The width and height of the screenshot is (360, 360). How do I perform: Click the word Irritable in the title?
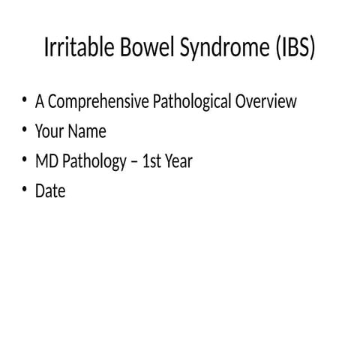click(x=78, y=48)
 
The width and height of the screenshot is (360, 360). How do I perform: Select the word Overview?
click(x=266, y=101)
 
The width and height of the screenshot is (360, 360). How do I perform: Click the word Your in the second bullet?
click(x=49, y=131)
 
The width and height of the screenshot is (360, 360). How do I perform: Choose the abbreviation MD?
click(x=46, y=161)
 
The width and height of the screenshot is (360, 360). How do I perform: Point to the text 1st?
click(x=153, y=161)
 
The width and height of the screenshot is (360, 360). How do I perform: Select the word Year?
click(x=180, y=161)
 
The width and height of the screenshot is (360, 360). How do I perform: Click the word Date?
click(x=50, y=191)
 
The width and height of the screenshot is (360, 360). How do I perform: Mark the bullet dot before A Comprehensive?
click(x=23, y=100)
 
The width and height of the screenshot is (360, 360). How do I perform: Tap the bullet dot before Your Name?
click(x=23, y=130)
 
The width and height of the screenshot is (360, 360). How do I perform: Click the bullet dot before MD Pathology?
click(x=23, y=160)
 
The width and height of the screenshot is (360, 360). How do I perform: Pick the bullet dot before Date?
click(x=23, y=190)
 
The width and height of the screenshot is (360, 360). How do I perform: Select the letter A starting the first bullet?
click(x=40, y=101)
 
